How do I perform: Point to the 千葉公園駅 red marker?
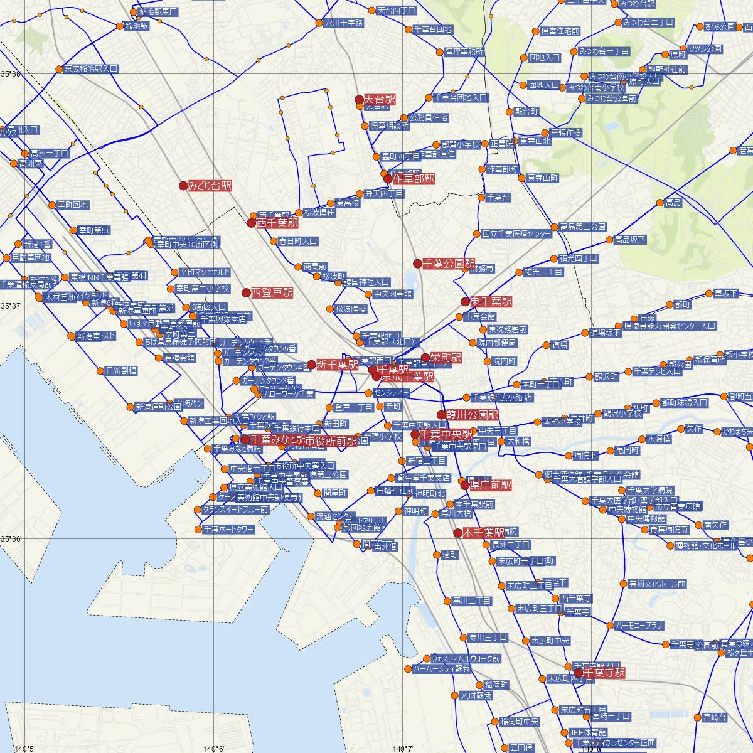(x=417, y=263)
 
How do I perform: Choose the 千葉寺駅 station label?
(x=604, y=673)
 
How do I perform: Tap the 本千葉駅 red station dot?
(x=458, y=533)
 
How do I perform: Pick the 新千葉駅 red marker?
(x=311, y=365)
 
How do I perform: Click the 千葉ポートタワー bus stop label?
(x=229, y=529)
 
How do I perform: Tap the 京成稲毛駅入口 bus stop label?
(x=91, y=68)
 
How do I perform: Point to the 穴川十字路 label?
(x=344, y=23)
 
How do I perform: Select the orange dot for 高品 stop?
(x=660, y=203)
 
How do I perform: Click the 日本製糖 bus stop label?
(x=121, y=371)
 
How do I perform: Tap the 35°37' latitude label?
(x=12, y=306)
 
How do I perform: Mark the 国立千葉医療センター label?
(x=517, y=234)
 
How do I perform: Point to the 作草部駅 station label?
(x=414, y=179)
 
